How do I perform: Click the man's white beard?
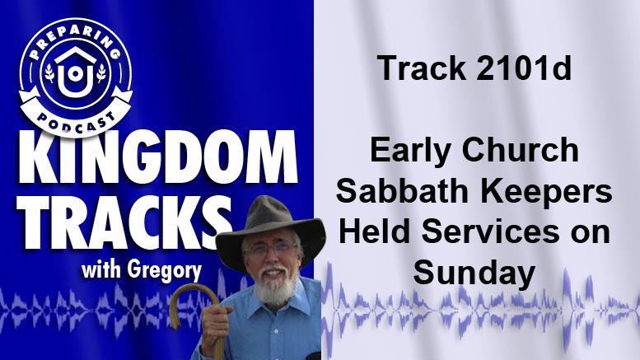274,285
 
